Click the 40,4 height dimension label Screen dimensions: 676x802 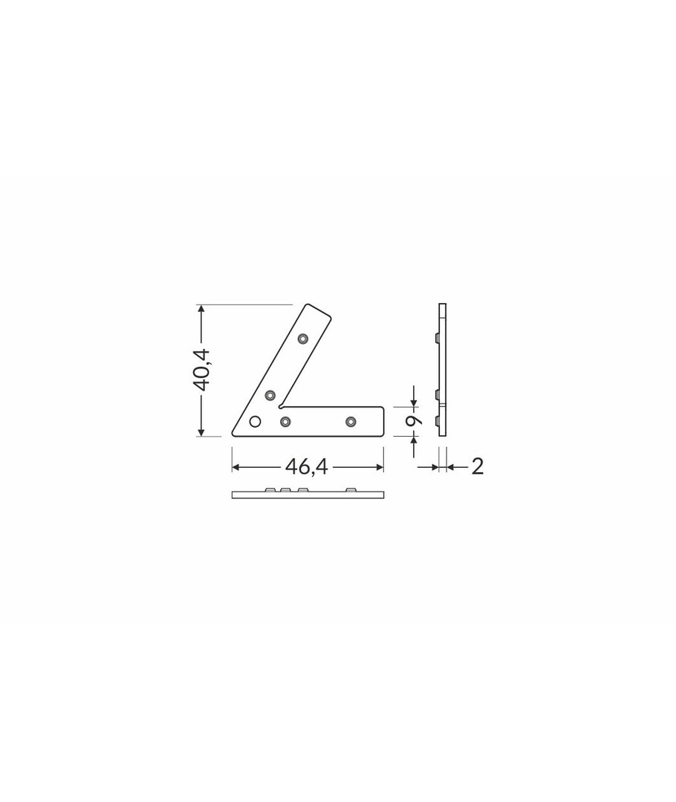point(203,370)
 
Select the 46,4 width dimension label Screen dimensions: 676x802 point(306,467)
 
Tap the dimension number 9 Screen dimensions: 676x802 point(414,420)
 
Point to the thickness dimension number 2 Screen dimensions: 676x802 point(477,467)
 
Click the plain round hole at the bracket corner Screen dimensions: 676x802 point(254,422)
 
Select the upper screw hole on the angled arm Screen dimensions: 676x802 point(304,339)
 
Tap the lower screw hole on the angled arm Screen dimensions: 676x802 point(270,395)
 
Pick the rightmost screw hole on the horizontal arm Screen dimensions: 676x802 point(350,422)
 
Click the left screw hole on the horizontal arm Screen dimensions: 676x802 point(285,422)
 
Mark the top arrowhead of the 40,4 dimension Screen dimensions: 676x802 point(201,310)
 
